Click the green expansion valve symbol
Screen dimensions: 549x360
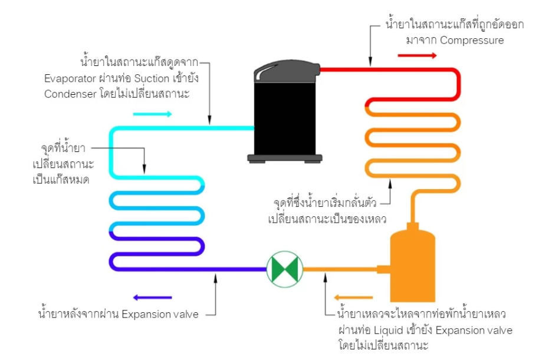tap(285, 269)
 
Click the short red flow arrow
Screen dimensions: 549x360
tap(417, 55)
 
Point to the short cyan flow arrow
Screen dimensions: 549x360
tap(152, 114)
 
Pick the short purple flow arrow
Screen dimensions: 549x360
tap(152, 298)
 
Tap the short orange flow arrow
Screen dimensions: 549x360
tap(353, 298)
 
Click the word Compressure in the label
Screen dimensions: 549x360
tap(472, 40)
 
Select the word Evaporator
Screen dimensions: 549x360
tap(70, 78)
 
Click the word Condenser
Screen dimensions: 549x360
tap(70, 94)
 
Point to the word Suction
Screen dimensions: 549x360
tap(152, 78)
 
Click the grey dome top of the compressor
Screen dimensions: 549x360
tap(287, 71)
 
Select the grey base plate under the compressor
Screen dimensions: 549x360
tap(285, 158)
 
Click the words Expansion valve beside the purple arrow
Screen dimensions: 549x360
tap(160, 314)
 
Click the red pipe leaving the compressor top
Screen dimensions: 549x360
tap(389, 70)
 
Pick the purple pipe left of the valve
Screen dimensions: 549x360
tap(189, 269)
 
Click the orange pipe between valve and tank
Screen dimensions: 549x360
tap(340, 269)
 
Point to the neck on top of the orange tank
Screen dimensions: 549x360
tap(413, 226)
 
